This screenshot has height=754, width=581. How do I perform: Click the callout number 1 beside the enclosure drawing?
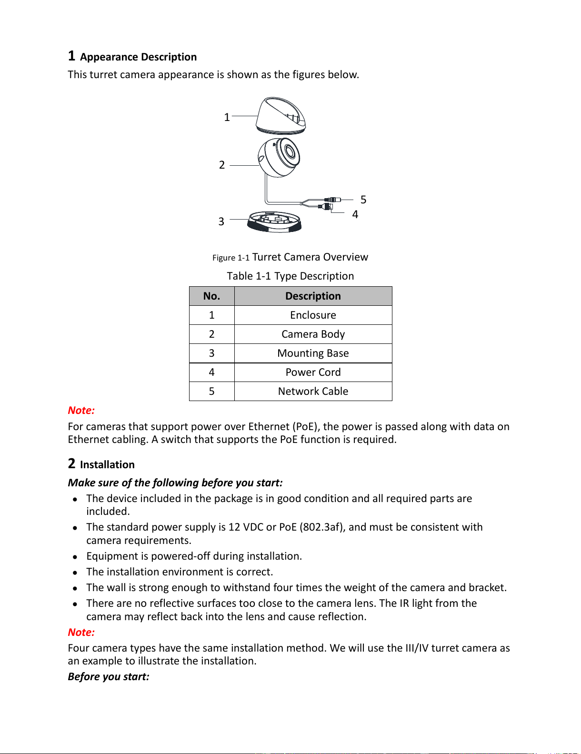227,117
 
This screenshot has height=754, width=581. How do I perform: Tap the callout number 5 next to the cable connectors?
363,200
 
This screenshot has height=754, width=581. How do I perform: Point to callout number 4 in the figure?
355,214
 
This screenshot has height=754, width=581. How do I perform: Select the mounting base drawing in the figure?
274,222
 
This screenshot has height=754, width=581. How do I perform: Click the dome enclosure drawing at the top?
281,116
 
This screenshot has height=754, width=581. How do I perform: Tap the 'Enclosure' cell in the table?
313,315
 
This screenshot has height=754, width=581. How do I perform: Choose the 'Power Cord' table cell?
313,372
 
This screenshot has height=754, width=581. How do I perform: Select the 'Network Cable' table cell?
313,392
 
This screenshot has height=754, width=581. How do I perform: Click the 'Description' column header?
313,296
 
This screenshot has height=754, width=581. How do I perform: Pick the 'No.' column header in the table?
211,296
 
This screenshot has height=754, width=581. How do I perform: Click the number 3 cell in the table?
211,353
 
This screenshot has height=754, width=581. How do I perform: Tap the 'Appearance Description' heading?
138,57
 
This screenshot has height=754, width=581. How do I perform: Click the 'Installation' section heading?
107,465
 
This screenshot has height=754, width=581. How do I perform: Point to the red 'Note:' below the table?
81,411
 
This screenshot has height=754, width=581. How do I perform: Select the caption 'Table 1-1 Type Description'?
290,276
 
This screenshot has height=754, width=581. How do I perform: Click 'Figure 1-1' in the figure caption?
230,258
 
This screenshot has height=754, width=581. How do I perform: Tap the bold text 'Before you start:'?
109,677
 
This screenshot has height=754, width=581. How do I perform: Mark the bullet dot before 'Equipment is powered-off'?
75,557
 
